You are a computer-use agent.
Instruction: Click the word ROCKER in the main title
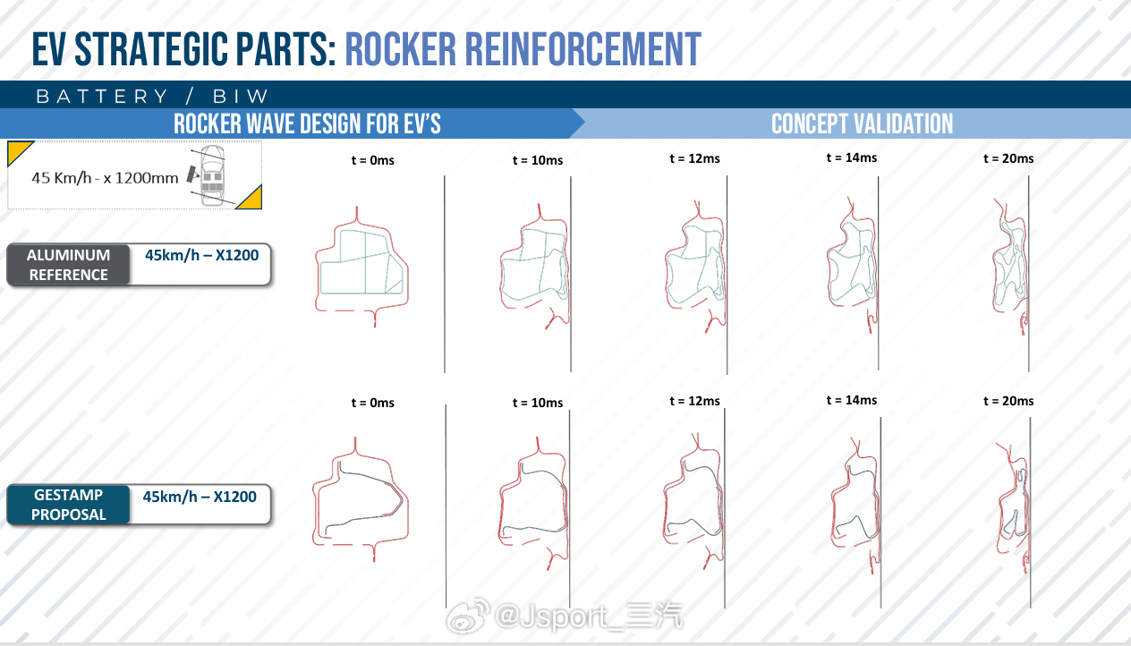pos(400,49)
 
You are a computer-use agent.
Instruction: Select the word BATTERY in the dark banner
pos(102,96)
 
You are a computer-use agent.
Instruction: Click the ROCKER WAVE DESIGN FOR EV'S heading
pos(307,123)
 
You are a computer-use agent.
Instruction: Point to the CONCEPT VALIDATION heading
pos(862,123)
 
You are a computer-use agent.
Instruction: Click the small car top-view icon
pos(211,175)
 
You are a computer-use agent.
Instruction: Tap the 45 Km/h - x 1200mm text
pos(105,178)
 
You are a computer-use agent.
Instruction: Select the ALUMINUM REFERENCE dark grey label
pos(68,265)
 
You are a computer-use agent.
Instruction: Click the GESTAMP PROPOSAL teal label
pos(68,504)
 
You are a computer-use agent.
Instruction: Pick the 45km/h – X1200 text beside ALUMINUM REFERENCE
pos(201,255)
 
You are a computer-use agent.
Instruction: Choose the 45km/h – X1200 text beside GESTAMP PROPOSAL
pos(200,497)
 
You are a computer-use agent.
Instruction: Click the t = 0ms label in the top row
pos(372,160)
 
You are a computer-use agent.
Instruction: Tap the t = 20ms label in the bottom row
pos(1008,401)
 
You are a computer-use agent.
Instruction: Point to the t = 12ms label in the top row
pos(694,158)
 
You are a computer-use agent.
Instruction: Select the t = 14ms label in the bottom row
pos(851,400)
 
